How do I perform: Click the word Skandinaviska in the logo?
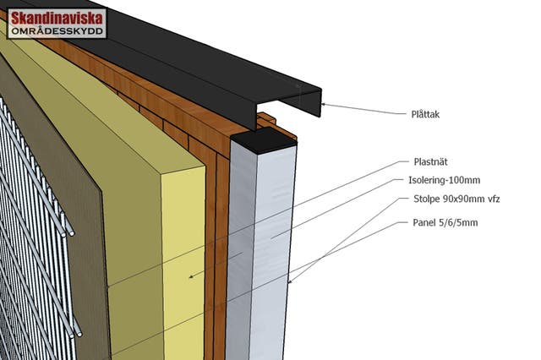coord(57,18)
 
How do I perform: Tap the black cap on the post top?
coord(265,139)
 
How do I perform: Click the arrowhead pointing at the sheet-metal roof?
coord(324,106)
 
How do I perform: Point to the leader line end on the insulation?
coord(190,275)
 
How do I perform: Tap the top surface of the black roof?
coord(169,34)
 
